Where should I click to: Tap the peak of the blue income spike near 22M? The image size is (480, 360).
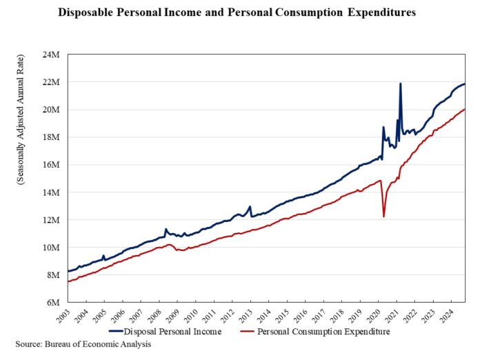pos(401,84)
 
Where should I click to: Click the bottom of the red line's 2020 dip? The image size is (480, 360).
pos(383,217)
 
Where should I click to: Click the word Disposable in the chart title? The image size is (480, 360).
pos(86,13)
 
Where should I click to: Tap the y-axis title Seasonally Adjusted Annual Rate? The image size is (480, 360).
pos(21,178)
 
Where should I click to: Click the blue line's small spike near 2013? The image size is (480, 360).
pos(250,206)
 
